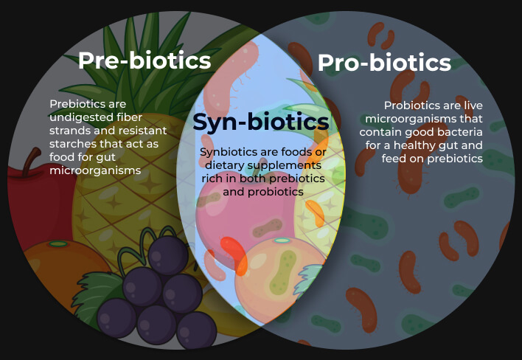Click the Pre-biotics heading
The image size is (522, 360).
click(145, 60)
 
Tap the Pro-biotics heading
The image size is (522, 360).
click(384, 63)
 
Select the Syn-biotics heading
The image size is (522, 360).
click(261, 122)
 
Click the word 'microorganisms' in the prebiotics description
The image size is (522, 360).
click(95, 170)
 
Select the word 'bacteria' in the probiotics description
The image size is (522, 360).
click(460, 132)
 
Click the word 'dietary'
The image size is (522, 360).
click(225, 165)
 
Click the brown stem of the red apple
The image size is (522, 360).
click(31, 161)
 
